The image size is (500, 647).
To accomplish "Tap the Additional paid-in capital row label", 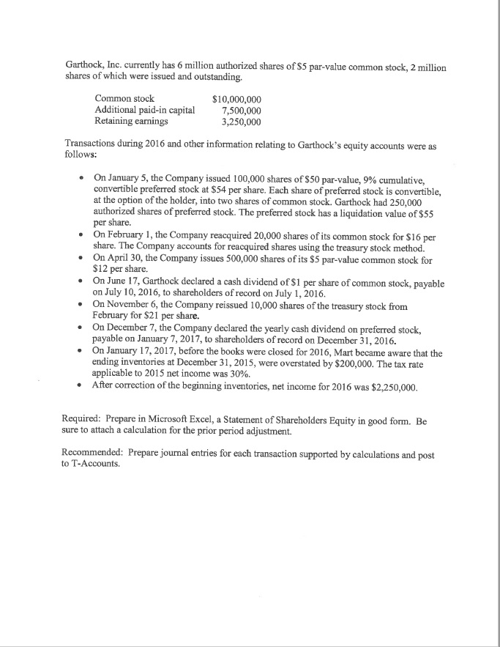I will pos(145,110).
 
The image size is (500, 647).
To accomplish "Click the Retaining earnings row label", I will pos(131,121).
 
